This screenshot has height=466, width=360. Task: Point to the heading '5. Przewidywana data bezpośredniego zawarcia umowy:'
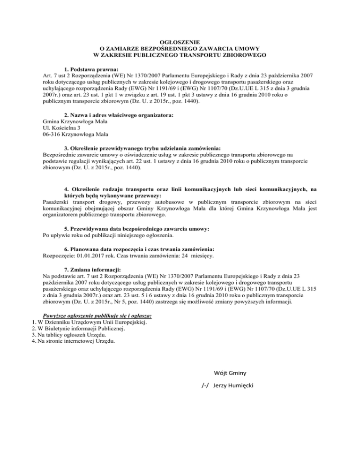tap(136, 228)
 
